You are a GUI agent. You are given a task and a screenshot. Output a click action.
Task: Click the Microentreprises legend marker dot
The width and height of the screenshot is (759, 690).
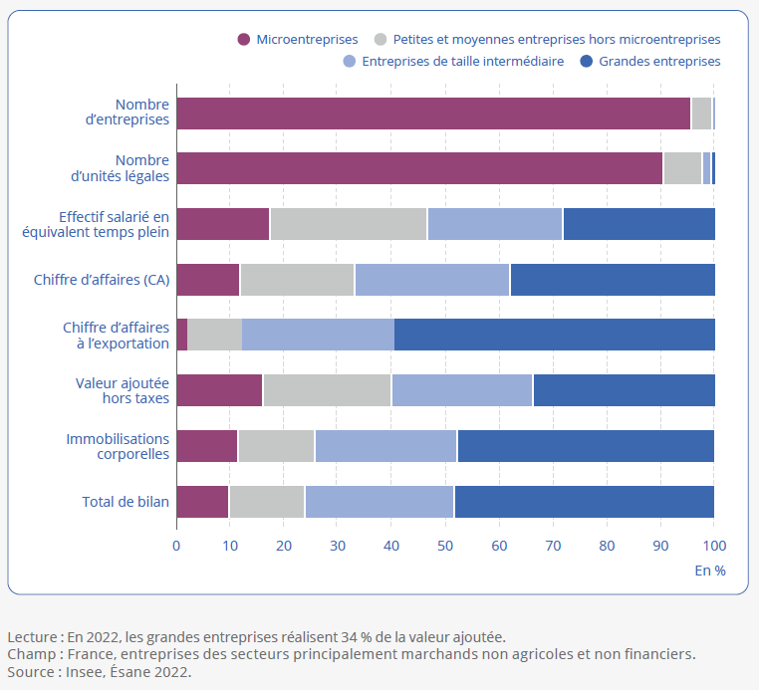point(243,40)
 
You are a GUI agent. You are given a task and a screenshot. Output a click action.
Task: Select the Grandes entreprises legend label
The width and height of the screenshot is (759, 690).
point(659,61)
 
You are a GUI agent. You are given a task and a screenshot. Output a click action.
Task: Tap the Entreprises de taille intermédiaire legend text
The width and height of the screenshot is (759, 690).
point(463,61)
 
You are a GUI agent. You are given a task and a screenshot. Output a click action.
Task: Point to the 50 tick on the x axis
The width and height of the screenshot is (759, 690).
point(445,546)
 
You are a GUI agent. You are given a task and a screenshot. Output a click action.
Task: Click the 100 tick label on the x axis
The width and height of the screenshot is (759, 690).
point(713,546)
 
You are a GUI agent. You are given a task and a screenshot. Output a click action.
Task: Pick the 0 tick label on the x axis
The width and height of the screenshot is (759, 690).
point(176,546)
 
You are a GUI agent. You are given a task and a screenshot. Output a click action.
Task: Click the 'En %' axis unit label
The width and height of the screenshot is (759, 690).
point(710,571)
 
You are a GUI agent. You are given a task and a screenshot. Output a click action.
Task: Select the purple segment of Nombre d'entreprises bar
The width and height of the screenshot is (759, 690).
point(433,114)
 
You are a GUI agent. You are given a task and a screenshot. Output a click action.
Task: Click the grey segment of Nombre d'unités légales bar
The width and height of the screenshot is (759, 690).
point(682,169)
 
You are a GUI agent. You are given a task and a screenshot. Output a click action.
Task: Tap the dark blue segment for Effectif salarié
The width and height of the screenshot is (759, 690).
point(638,224)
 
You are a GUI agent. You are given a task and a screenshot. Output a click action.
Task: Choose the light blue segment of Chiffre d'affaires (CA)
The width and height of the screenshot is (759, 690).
point(432,280)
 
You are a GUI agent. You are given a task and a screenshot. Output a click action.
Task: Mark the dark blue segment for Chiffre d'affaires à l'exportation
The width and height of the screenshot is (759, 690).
point(554,336)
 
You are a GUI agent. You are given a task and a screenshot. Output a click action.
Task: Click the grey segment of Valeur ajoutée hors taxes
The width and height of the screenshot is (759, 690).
point(327,391)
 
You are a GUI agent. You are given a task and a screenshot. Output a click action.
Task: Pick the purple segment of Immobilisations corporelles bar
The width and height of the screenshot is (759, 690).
point(207,447)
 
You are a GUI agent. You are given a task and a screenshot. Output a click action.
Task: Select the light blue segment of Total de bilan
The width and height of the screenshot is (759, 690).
point(379,502)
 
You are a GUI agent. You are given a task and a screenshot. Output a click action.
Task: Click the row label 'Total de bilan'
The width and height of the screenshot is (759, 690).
point(126,502)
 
